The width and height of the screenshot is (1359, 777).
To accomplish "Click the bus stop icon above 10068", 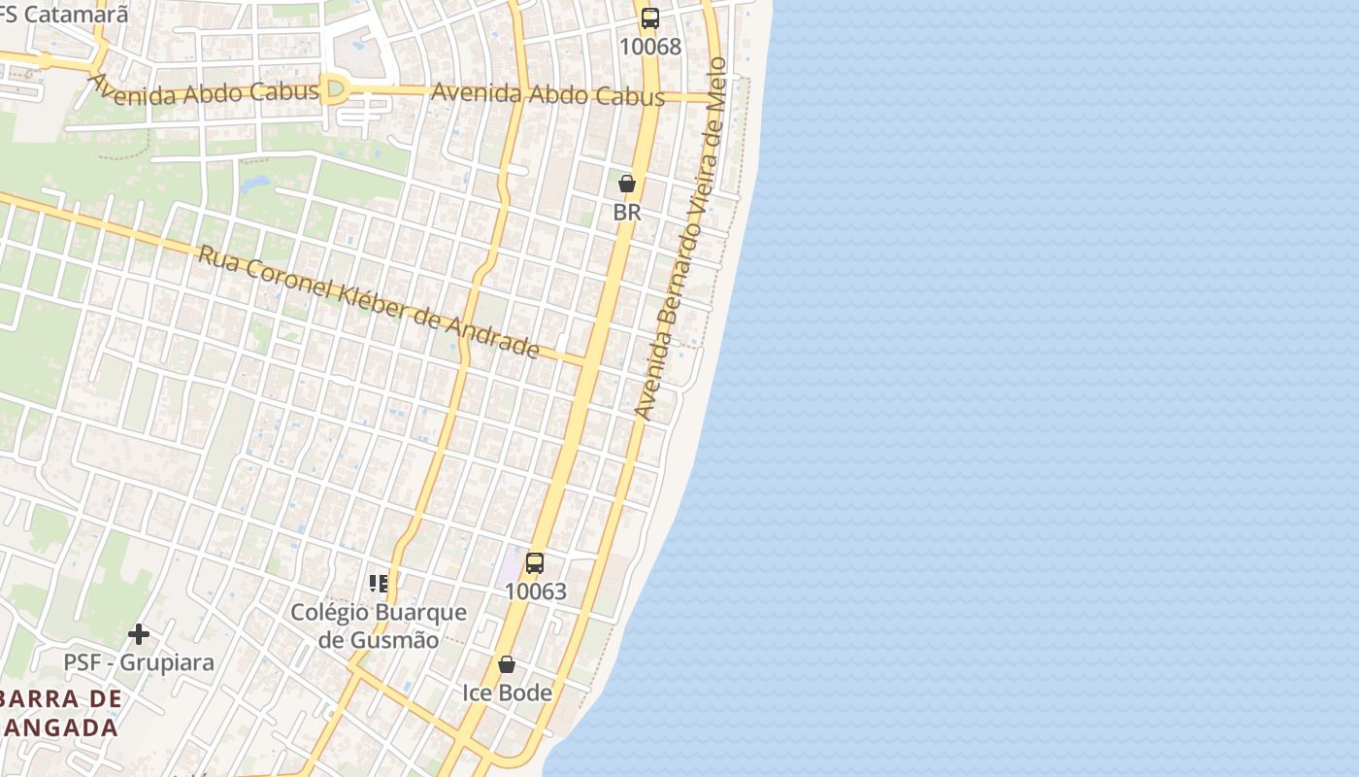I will tap(649, 18).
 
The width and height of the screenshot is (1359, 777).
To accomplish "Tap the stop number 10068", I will tap(649, 47).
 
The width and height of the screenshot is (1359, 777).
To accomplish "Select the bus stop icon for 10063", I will tap(534, 562).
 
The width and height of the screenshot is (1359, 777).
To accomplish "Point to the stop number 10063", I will tap(535, 591).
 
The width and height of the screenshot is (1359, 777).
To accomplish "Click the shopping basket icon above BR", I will tap(627, 184).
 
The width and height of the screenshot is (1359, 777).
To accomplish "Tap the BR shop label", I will tap(627, 212).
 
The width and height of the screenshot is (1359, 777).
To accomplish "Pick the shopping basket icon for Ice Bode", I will tap(506, 664).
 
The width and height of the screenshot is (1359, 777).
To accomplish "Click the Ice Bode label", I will tap(506, 693).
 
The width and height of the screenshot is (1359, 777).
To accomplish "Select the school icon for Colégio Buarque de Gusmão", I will tap(379, 584).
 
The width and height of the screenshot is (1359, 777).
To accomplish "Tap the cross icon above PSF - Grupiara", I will tap(139, 634).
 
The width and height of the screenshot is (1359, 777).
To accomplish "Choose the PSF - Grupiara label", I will tap(139, 662).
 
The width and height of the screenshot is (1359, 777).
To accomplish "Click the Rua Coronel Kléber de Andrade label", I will tap(368, 302).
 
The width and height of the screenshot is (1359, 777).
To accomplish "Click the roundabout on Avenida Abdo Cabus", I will tap(335, 90).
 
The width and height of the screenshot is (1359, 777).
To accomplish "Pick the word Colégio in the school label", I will tap(329, 613).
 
